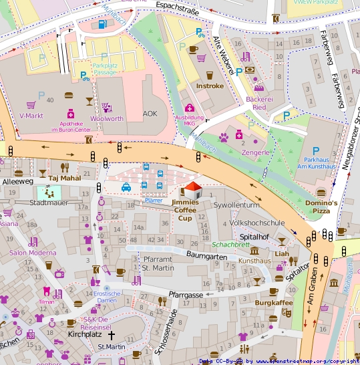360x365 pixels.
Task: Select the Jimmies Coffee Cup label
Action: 186,210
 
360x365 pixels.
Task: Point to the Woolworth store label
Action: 106,118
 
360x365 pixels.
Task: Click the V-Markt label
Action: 31,116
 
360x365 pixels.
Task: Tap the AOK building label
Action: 150,114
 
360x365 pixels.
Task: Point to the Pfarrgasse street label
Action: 185,294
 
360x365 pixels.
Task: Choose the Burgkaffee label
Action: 274,303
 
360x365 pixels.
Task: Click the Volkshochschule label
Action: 257,222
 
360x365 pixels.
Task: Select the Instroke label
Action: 210,86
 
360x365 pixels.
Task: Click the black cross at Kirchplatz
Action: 112,333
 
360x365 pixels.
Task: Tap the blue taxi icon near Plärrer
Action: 126,188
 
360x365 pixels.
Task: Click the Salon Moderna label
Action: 33,253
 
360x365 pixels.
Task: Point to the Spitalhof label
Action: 254,237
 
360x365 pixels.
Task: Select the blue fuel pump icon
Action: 102,23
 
